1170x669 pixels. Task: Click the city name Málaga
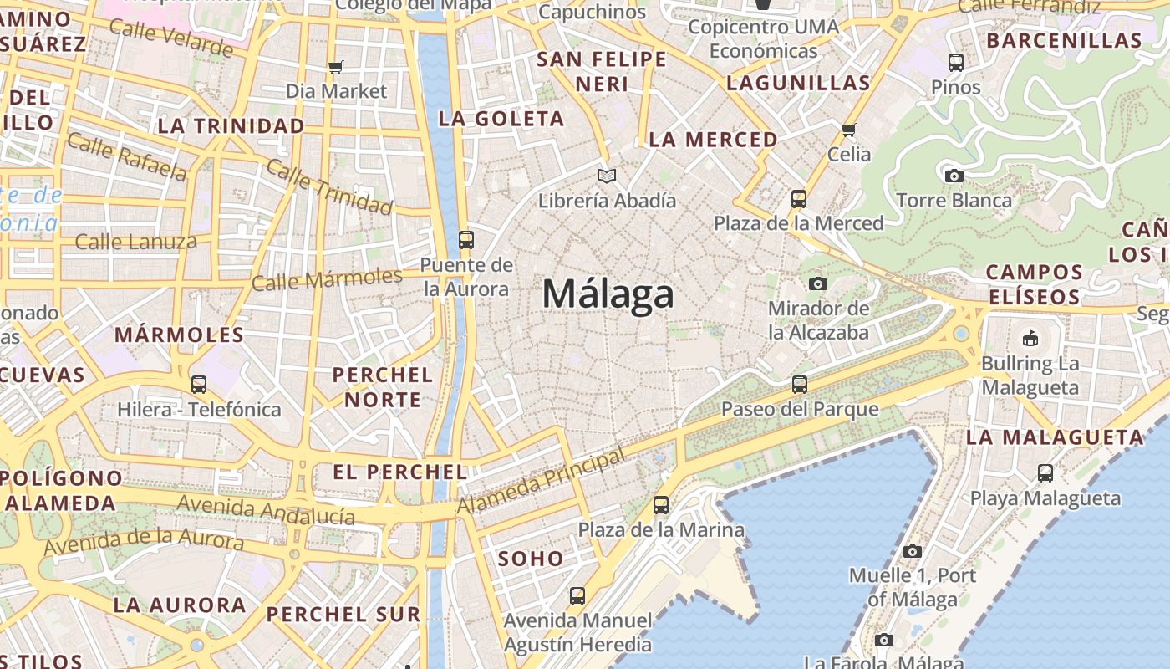(x=608, y=294)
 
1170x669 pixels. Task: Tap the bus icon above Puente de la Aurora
(x=466, y=240)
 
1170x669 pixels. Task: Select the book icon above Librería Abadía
(x=607, y=176)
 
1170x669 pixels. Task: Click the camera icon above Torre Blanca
(x=954, y=176)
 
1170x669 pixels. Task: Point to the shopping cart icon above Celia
(x=849, y=130)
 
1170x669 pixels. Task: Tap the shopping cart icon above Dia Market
(x=336, y=67)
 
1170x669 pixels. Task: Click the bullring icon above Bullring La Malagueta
(x=1030, y=339)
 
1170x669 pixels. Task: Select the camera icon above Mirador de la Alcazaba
(x=818, y=284)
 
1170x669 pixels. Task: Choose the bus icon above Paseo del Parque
(x=800, y=385)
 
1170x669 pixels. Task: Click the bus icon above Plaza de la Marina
(x=661, y=505)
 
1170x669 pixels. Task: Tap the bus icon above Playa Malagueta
(x=1045, y=473)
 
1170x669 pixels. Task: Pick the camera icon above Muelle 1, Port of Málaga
(x=912, y=551)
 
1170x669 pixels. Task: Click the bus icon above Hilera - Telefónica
(x=198, y=385)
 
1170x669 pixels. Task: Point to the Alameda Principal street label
(x=541, y=482)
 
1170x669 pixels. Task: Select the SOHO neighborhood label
(x=531, y=559)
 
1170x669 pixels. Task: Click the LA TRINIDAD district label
(x=231, y=126)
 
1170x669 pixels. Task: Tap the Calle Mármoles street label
(x=327, y=279)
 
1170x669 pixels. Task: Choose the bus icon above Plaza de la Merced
(x=799, y=199)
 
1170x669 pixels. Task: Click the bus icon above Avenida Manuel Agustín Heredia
(x=577, y=596)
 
